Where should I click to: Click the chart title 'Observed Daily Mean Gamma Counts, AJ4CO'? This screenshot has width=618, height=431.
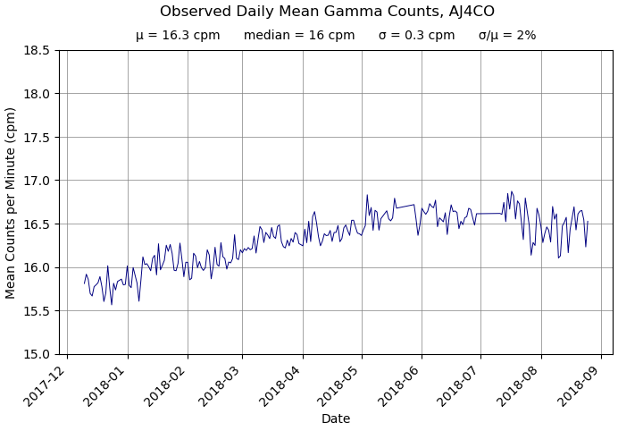(327, 12)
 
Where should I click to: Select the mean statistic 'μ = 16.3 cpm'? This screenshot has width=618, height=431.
(178, 36)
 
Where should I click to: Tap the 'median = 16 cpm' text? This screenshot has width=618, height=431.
(299, 36)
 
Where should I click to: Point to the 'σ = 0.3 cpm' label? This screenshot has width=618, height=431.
(416, 36)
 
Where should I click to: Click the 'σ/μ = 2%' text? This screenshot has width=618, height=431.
(507, 36)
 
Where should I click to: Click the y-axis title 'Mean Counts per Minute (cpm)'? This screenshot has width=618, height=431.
(12, 203)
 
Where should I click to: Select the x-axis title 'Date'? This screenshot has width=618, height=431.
(336, 418)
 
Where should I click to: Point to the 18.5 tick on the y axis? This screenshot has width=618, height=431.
(35, 50)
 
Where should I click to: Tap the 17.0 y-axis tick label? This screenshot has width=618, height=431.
(35, 181)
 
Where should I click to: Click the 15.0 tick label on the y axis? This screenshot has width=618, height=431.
(35, 354)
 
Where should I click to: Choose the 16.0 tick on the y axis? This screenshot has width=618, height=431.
(35, 267)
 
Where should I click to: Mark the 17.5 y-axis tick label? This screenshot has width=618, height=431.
(35, 137)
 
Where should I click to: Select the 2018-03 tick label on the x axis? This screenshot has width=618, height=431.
(224, 385)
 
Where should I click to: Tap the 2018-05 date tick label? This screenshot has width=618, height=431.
(344, 385)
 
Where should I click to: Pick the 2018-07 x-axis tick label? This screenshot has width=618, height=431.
(463, 385)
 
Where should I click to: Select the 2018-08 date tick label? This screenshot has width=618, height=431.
(522, 385)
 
